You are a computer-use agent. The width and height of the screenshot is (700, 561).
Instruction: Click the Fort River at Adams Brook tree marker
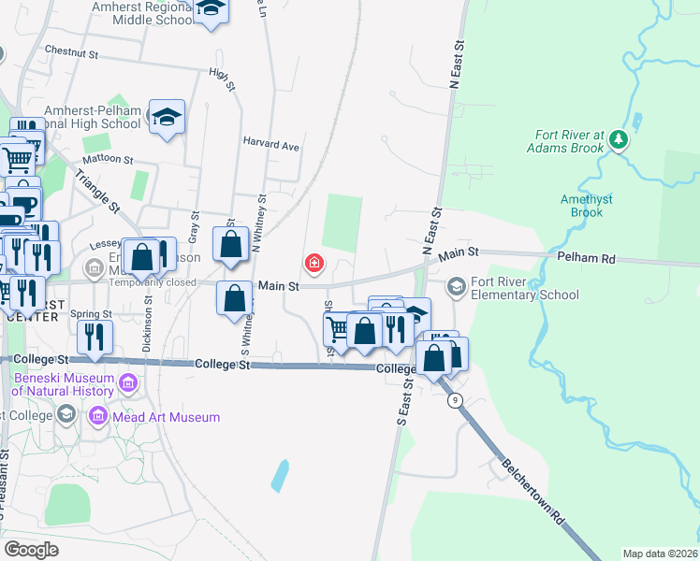(618, 139)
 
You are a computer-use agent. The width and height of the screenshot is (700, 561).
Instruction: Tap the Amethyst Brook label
(587, 206)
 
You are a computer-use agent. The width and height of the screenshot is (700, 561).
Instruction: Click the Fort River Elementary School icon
(457, 285)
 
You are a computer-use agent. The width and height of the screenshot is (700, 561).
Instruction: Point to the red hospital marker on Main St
(314, 263)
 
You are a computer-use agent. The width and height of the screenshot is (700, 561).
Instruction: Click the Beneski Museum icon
(128, 381)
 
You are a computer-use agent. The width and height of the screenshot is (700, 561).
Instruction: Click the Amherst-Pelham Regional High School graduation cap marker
(167, 118)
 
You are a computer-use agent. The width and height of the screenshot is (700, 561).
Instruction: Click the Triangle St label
(97, 189)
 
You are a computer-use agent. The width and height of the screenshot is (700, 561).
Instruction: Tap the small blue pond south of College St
(280, 476)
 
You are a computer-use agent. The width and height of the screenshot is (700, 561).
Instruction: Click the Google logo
(32, 550)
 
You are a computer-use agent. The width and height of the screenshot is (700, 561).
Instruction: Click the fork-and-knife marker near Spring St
(95, 337)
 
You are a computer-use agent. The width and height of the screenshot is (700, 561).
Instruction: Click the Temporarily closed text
(153, 282)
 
